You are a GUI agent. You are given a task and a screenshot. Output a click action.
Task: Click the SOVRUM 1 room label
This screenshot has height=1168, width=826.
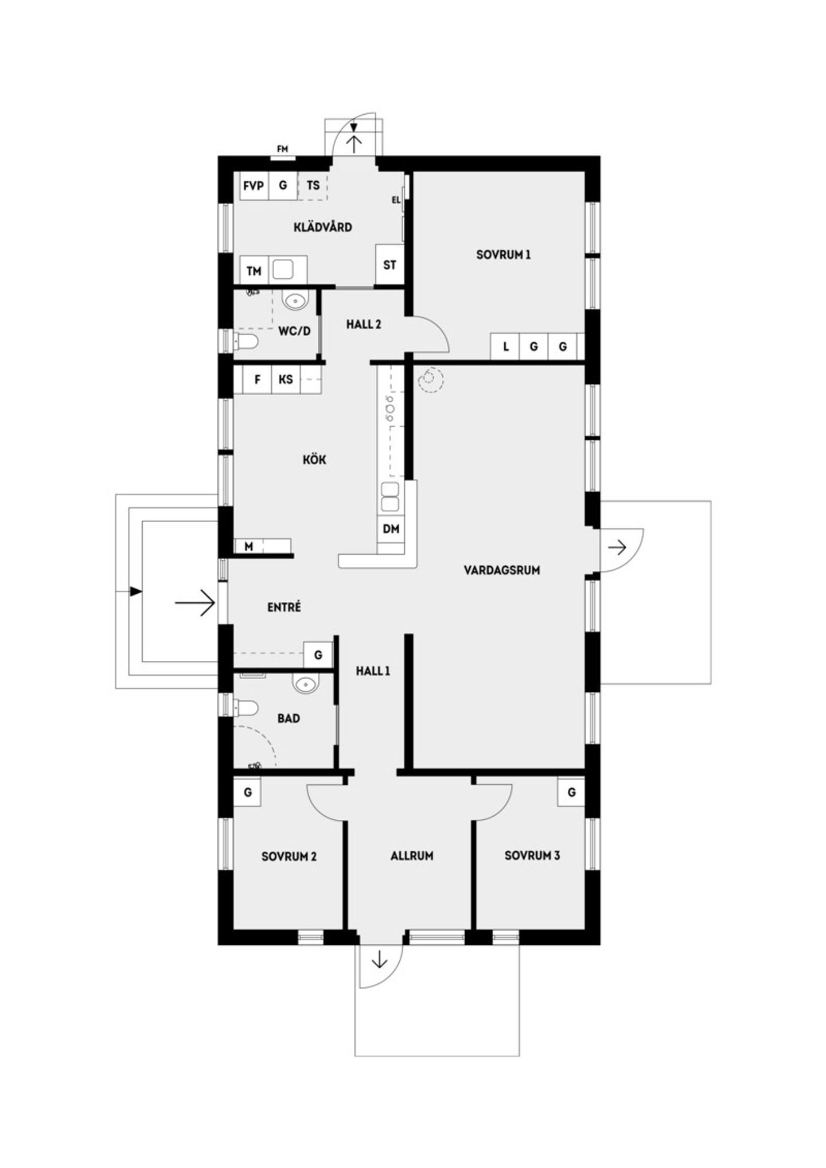coord(503,254)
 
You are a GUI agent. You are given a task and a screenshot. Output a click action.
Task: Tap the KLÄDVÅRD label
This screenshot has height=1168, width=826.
coord(322,227)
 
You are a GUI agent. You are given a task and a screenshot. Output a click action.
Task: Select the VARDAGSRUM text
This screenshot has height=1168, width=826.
coord(502,570)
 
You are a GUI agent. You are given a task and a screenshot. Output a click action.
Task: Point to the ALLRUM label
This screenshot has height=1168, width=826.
coord(412,855)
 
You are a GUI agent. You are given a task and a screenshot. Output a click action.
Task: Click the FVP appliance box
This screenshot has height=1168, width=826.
coord(254,185)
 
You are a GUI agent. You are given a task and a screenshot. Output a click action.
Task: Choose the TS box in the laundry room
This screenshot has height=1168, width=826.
coord(313,185)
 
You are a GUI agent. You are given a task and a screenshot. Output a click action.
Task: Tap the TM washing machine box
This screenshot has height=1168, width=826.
coord(254,271)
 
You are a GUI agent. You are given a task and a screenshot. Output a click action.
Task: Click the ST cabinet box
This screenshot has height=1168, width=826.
coord(389,264)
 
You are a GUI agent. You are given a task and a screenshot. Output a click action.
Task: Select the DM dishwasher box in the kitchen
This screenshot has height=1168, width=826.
coord(391,528)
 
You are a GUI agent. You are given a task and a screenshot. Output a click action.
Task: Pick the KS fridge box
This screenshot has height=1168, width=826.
coord(286,379)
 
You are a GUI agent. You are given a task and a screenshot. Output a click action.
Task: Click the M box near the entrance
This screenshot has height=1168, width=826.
coord(249,546)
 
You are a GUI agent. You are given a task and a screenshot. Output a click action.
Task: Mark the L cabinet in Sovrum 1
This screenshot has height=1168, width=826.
coord(505,346)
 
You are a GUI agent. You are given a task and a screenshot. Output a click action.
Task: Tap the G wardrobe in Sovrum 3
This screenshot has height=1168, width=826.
coord(571,792)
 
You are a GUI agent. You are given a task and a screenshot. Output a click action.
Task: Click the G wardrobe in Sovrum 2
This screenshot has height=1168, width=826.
coord(248,792)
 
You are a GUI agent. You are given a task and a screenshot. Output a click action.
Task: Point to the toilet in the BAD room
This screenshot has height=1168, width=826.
coord(246,708)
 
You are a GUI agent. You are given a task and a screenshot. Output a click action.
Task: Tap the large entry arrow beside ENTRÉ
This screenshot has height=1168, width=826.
coord(195,603)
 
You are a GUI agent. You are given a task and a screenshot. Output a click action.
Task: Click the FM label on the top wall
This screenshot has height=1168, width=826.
coord(282,149)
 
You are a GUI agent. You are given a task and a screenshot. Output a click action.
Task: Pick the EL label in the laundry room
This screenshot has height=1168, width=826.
coord(396,200)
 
